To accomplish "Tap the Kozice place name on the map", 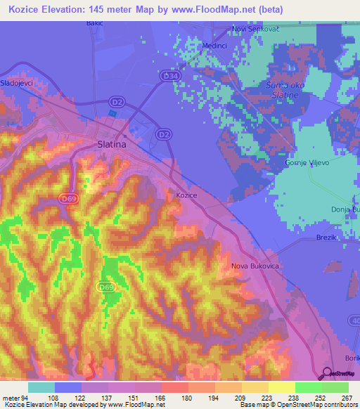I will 186,195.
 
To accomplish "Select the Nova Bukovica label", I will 256,266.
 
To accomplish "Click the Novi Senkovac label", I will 257,30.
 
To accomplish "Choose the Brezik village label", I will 328,238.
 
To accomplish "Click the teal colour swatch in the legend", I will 41,387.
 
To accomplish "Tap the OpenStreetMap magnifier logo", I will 327,372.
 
